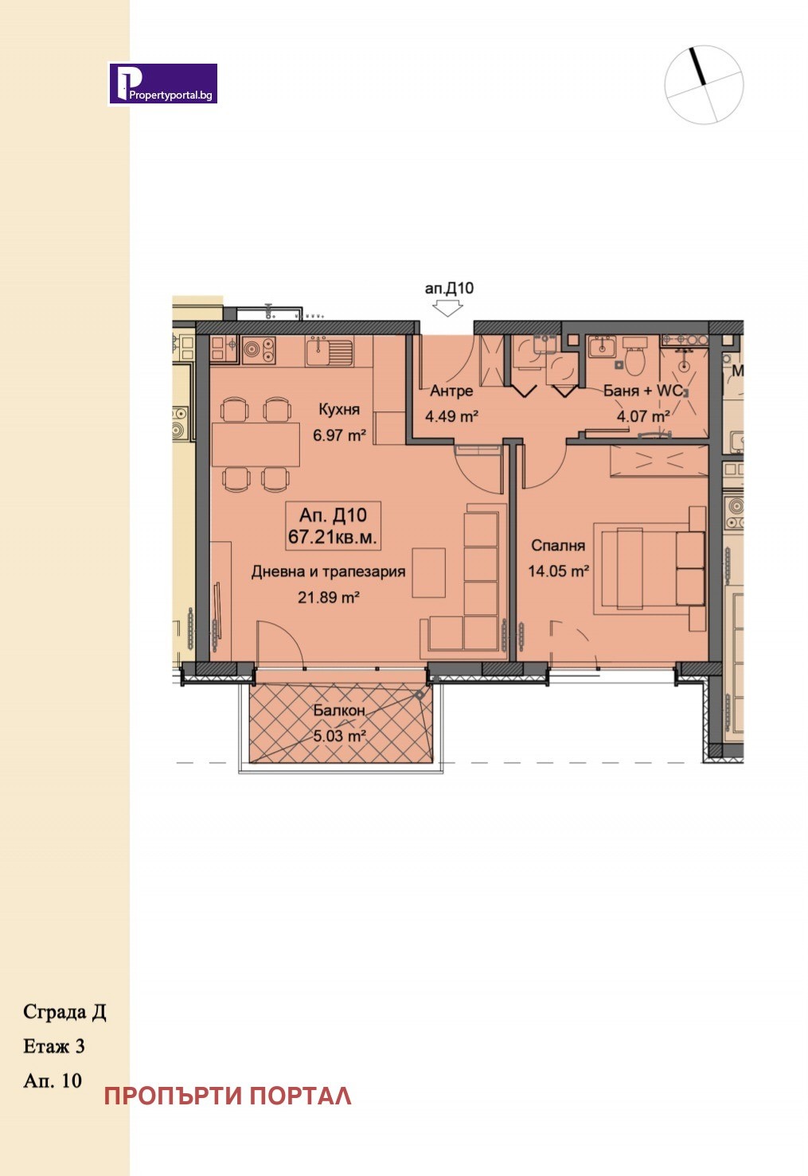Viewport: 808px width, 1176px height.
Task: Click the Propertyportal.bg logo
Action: point(163,84)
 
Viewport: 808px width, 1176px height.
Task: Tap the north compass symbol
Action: point(704,84)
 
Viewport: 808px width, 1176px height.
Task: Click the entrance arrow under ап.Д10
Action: point(447,309)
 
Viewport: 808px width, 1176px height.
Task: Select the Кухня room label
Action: point(339,409)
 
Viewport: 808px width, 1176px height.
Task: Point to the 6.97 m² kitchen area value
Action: point(339,434)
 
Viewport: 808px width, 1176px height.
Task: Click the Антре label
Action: point(451,391)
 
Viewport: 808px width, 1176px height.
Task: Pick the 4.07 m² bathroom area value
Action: point(643,416)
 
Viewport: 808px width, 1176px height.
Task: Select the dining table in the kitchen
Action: point(256,444)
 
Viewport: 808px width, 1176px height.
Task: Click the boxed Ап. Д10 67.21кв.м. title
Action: point(333,525)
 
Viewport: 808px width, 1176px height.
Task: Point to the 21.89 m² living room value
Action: point(329,597)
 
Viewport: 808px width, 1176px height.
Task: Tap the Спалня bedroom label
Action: point(558,546)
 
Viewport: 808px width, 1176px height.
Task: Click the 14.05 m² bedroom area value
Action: point(558,570)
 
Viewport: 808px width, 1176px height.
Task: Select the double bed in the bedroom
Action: point(650,568)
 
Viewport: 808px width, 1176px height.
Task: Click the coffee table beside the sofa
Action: point(429,572)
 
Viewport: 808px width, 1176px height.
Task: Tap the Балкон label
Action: point(339,711)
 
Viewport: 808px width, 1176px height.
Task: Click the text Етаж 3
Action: point(53,1046)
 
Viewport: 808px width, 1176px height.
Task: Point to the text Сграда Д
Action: point(64,1012)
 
